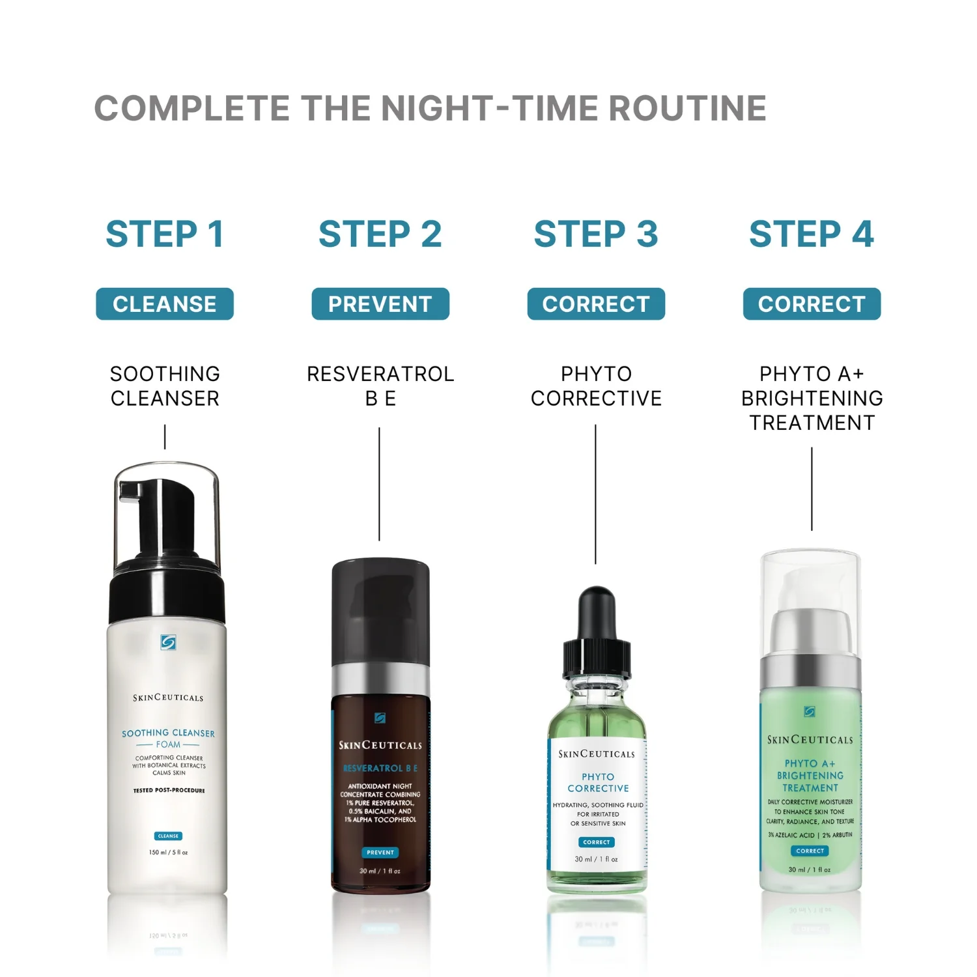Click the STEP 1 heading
[x=165, y=234]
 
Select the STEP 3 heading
[x=595, y=234]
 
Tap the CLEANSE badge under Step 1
[x=165, y=304]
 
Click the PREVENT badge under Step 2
[x=380, y=304]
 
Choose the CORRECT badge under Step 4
[x=812, y=304]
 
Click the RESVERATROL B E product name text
[x=380, y=386]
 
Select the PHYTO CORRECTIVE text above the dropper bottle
[x=596, y=386]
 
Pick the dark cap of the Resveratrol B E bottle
[x=380, y=612]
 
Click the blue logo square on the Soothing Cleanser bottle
[x=168, y=643]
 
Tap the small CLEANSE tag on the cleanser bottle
[x=168, y=836]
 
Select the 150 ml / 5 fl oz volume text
[x=168, y=853]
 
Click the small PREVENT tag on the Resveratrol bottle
[x=380, y=853]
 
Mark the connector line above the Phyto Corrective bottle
[x=595, y=495]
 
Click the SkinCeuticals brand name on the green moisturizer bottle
[x=810, y=740]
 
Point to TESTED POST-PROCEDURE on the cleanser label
[x=169, y=791]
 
